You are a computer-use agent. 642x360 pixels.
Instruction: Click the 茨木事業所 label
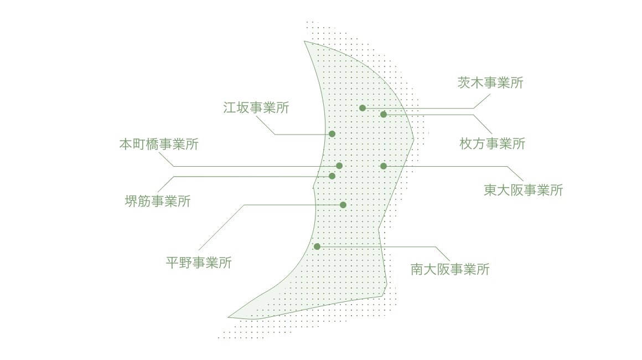point(490,83)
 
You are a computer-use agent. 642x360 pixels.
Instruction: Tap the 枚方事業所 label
point(492,144)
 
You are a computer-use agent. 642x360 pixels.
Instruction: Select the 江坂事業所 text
point(256,107)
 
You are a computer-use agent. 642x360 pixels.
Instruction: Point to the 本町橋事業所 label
point(159,144)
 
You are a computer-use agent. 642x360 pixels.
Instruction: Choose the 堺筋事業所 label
point(158,201)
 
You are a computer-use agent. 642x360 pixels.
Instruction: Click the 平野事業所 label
point(199,263)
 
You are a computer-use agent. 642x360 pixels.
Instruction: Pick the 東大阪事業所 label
point(523,190)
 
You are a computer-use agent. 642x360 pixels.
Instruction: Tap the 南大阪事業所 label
point(450,269)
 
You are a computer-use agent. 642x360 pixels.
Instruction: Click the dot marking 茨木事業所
point(363,108)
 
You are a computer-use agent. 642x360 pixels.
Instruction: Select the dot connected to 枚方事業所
point(383,114)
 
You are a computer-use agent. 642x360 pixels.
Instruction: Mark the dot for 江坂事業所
point(332,134)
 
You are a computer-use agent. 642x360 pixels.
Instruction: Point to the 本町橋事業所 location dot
point(339,166)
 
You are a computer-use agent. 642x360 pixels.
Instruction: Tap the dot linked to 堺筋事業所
point(332,176)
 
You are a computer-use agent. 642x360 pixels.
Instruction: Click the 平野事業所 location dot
point(343,205)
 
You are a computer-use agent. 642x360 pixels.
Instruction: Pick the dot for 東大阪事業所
point(383,166)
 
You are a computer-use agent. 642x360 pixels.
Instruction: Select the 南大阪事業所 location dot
point(317,246)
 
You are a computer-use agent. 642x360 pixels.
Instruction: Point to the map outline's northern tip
point(304,41)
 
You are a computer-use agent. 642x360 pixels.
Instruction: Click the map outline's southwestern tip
point(228,317)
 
